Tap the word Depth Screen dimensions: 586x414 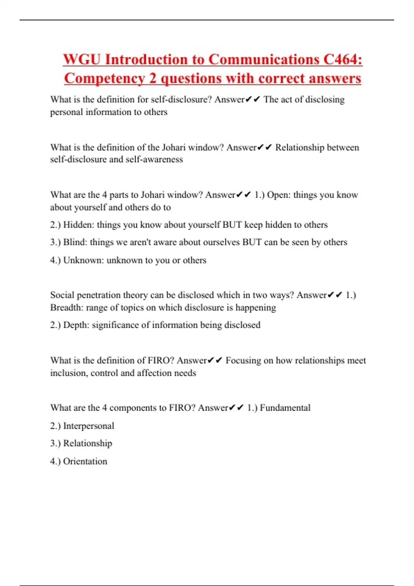click(x=76, y=325)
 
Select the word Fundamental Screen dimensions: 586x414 click(x=285, y=408)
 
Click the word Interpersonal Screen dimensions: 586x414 click(x=89, y=426)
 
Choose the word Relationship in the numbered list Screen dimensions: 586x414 click(x=88, y=443)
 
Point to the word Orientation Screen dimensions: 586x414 click(x=85, y=461)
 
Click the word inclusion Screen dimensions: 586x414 click(x=68, y=373)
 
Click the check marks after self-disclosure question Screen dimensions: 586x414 click(x=253, y=100)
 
